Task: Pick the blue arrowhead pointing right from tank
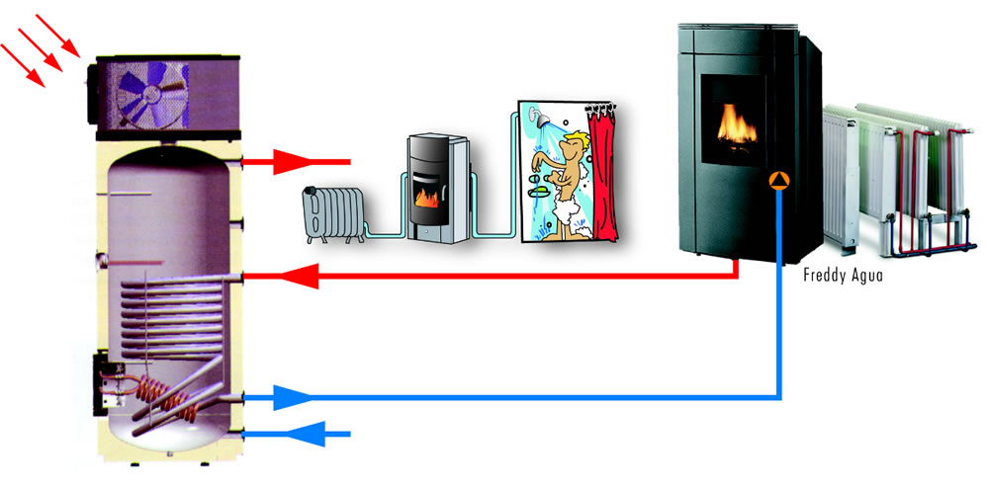point(291,398)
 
